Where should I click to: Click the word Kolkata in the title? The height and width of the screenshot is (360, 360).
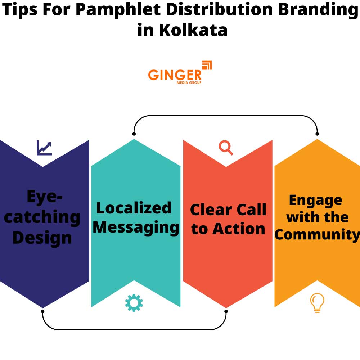pos(193,30)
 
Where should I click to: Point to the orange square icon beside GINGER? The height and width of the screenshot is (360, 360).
pos(207,66)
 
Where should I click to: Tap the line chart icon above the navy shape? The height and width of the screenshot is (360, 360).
pos(44,148)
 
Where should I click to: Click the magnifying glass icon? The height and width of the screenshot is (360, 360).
pos(226,148)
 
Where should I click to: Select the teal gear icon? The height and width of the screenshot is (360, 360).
pos(134,303)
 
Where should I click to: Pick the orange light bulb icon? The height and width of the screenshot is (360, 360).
pos(317,302)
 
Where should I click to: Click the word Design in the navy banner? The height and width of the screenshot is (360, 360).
pos(42,238)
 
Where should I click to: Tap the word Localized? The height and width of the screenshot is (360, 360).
pos(134,208)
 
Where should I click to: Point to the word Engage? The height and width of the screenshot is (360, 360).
pos(315,201)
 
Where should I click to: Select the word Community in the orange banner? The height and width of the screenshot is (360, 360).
pos(317,234)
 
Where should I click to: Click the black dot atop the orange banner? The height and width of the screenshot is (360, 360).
pos(317,134)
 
